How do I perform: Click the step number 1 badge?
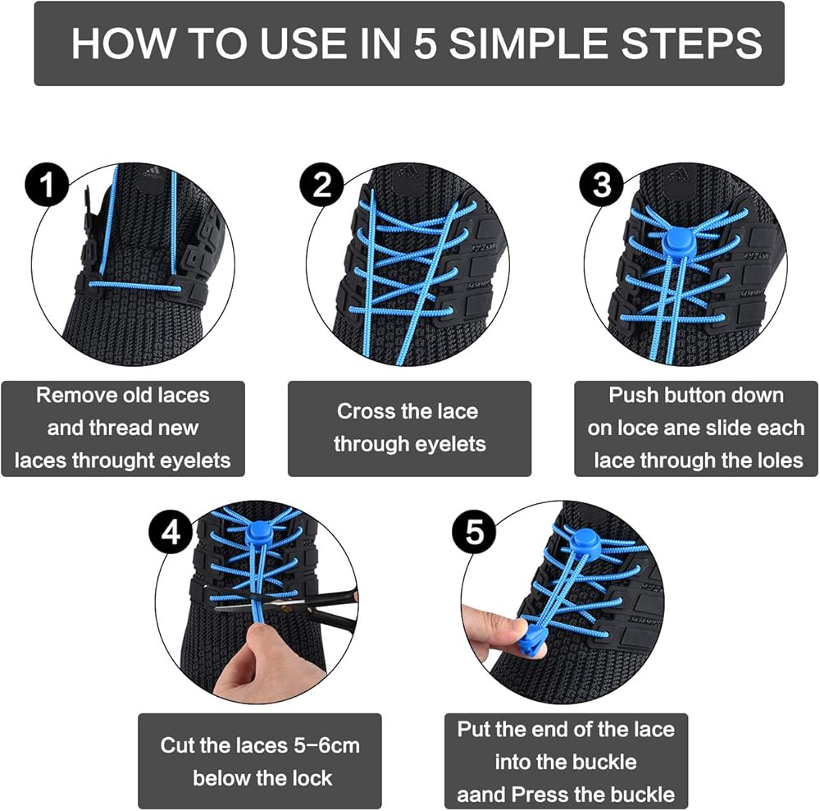(47, 185)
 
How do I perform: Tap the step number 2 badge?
(321, 185)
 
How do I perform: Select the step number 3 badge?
(602, 185)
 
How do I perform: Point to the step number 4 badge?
(171, 533)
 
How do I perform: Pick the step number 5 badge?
(474, 533)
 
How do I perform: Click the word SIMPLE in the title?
(529, 44)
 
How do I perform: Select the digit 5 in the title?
(425, 44)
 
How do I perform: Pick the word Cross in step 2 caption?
(362, 411)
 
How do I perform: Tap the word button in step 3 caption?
(695, 396)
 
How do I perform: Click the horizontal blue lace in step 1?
(135, 286)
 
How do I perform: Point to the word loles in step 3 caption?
(778, 460)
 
